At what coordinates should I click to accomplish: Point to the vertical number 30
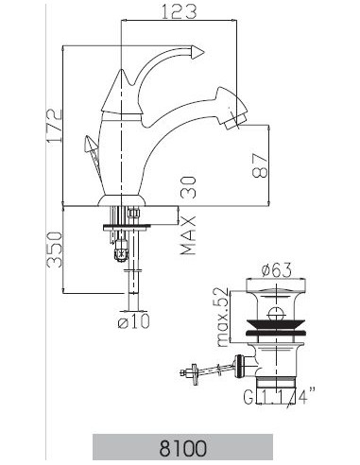[189, 186]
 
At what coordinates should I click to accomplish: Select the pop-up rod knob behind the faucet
[91, 149]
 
